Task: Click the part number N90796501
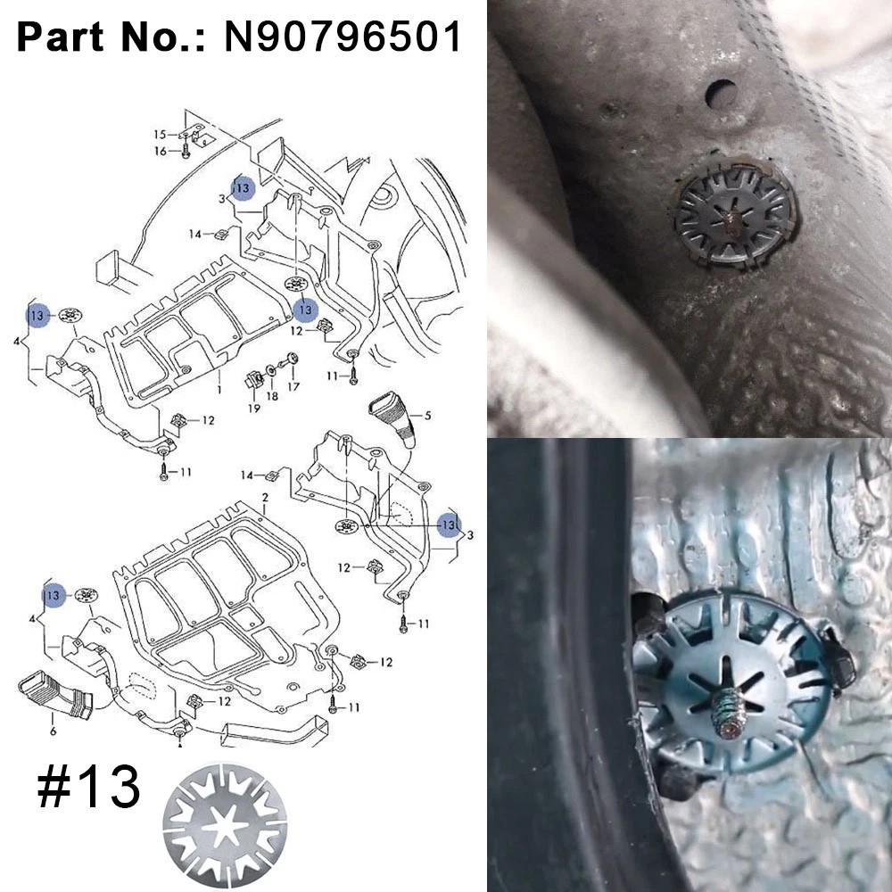[343, 37]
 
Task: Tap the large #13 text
[88, 786]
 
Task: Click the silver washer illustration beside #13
[225, 825]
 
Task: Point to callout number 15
[161, 135]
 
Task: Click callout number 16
[161, 151]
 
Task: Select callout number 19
[253, 408]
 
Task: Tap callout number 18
[272, 395]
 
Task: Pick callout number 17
[293, 386]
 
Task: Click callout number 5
[427, 416]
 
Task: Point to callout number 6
[53, 731]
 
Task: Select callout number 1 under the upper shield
[219, 390]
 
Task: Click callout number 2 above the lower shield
[265, 497]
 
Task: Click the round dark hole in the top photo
[721, 94]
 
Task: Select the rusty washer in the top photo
[734, 215]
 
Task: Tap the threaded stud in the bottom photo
[729, 714]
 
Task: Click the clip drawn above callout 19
[254, 379]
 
